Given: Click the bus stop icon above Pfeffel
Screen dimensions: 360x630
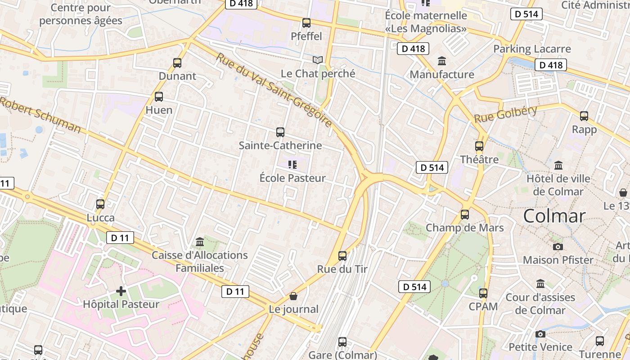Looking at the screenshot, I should click(x=306, y=22).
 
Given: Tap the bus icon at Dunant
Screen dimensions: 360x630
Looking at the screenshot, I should click(x=177, y=63).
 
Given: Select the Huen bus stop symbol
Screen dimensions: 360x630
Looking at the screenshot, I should click(x=159, y=96).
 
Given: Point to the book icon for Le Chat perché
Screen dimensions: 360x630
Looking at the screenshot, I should click(x=318, y=60).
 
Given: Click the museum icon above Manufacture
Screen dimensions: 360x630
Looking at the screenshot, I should click(x=442, y=61).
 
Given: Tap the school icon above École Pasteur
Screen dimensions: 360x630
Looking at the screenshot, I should click(x=292, y=165).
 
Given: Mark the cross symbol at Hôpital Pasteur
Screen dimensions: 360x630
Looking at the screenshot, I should click(x=121, y=291).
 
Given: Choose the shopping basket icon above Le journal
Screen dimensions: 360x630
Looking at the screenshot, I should click(x=293, y=296).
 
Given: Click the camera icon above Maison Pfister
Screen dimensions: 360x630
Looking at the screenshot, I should click(x=558, y=247).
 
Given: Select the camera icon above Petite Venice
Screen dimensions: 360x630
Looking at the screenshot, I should click(x=540, y=334).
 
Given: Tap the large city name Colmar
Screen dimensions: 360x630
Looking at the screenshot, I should click(x=554, y=216).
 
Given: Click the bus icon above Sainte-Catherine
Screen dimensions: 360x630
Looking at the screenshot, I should click(x=280, y=132).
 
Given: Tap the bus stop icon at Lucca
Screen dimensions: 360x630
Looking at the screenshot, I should click(x=100, y=204).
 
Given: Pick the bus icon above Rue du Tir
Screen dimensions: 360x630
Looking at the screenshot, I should click(x=342, y=256).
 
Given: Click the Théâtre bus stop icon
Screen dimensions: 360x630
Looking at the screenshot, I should click(x=479, y=146).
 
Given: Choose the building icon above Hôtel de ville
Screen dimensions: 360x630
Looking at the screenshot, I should click(x=558, y=165).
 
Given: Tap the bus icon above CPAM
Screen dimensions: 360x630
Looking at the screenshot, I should click(x=483, y=293).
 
